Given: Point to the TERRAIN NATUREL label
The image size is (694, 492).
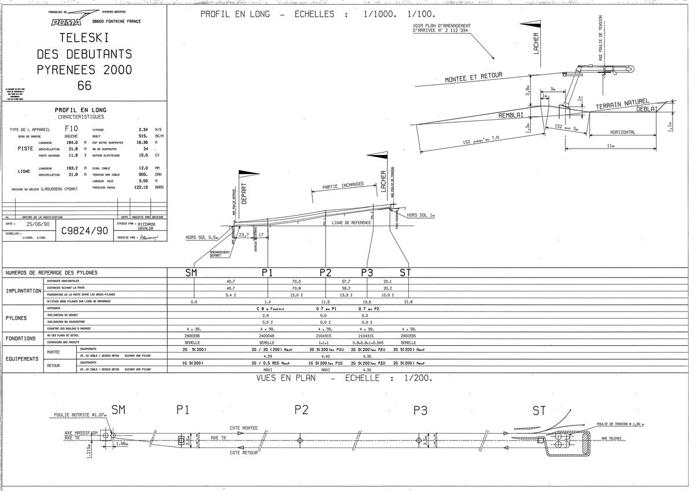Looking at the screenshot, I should click(623, 104).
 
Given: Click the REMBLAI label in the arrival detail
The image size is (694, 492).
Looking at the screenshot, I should click(511, 116).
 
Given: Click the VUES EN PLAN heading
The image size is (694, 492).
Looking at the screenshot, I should click(290, 378).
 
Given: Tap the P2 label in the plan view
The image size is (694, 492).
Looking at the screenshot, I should click(301, 410).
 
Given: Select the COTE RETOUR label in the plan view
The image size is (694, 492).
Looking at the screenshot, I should click(243, 452).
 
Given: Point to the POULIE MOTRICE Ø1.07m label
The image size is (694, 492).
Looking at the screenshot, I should click(81, 415).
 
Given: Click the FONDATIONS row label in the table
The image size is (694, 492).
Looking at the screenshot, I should click(21, 338).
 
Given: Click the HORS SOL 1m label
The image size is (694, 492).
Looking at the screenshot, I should click(420, 214).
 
